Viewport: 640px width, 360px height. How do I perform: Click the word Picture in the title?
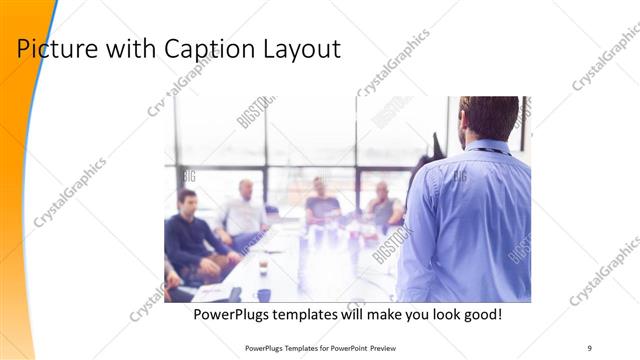(54, 49)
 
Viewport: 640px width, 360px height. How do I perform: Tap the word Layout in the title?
(300, 49)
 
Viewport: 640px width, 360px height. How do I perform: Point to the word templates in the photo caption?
(307, 315)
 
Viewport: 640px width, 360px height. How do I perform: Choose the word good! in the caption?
(480, 315)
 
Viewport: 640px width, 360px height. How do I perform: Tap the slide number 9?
(590, 348)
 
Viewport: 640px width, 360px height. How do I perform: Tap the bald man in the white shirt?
(243, 212)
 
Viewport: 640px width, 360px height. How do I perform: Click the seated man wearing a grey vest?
(383, 208)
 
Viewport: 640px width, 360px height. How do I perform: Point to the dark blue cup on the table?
(264, 295)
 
